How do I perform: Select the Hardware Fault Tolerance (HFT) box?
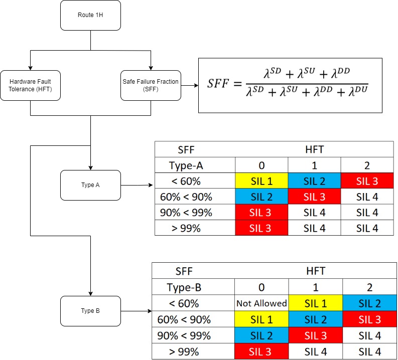tap(30, 85)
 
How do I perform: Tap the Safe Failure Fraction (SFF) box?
tap(151, 85)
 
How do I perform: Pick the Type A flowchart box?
tap(90, 185)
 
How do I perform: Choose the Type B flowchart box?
tap(90, 311)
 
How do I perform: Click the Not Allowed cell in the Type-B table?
tap(261, 303)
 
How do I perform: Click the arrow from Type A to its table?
tap(137, 185)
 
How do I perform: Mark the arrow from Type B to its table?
tap(136, 311)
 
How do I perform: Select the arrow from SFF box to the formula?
tap(190, 85)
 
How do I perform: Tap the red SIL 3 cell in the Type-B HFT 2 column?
tap(369, 319)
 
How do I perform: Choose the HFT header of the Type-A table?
tap(314, 149)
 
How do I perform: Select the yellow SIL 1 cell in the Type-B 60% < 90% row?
tap(261, 319)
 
